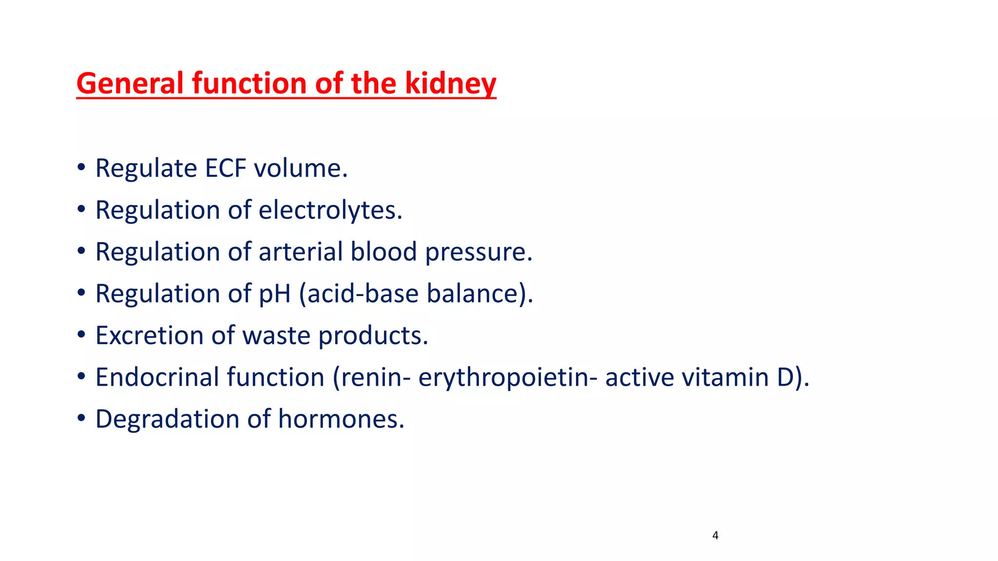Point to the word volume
pos(300,168)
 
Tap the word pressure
pos(479,252)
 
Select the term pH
pos(274,294)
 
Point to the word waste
pos(276,336)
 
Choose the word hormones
pos(341,419)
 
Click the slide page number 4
pos(715,536)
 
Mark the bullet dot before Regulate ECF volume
pos(81,168)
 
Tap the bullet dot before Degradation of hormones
pos(81,419)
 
